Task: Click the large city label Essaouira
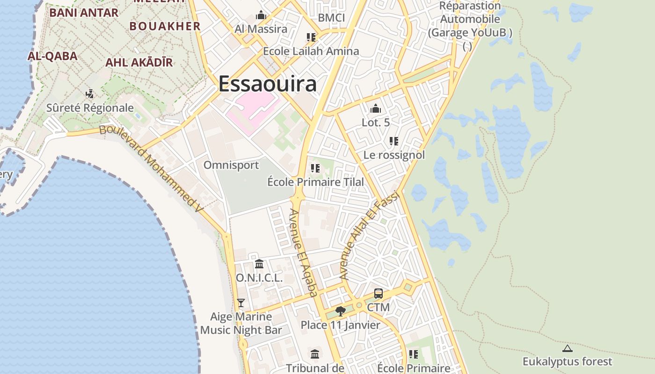click(267, 84)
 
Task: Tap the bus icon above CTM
click(378, 294)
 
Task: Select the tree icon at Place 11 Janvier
click(341, 311)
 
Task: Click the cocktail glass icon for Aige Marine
click(241, 303)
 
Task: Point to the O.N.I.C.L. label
click(259, 278)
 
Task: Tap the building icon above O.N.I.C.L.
click(259, 264)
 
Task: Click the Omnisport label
click(231, 165)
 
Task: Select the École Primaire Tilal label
click(315, 182)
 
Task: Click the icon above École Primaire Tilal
click(315, 168)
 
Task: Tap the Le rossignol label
click(394, 155)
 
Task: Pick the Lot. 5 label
click(376, 122)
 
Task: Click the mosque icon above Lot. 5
click(376, 109)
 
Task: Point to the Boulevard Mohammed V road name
click(152, 166)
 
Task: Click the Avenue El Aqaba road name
click(303, 252)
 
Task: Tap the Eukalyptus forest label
click(567, 361)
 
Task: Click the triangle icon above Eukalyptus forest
click(568, 348)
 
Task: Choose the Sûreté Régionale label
click(90, 108)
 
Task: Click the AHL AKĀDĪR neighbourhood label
click(139, 62)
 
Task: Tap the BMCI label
click(331, 18)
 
